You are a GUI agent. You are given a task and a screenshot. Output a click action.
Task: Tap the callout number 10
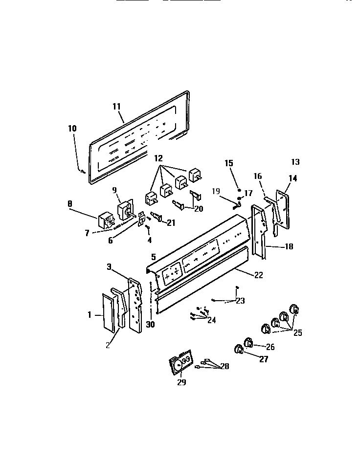pos(72,129)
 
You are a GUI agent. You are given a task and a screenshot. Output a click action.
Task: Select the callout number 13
pos(295,162)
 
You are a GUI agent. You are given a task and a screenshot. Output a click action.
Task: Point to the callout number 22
pos(258,275)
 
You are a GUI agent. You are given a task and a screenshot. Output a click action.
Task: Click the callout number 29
pos(181,382)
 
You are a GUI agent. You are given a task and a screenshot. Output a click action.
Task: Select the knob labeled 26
pos(248,342)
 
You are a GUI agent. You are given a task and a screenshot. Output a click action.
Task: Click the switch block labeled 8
pos(105,220)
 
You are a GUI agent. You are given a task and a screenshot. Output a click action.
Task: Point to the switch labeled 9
pos(126,209)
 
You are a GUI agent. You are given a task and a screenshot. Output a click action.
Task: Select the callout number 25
pos(297,333)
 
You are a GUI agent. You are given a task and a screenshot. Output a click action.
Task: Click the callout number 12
pos(158,159)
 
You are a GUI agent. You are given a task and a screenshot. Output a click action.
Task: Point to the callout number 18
pos(289,247)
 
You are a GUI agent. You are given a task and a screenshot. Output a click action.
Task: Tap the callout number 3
pos(110,266)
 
